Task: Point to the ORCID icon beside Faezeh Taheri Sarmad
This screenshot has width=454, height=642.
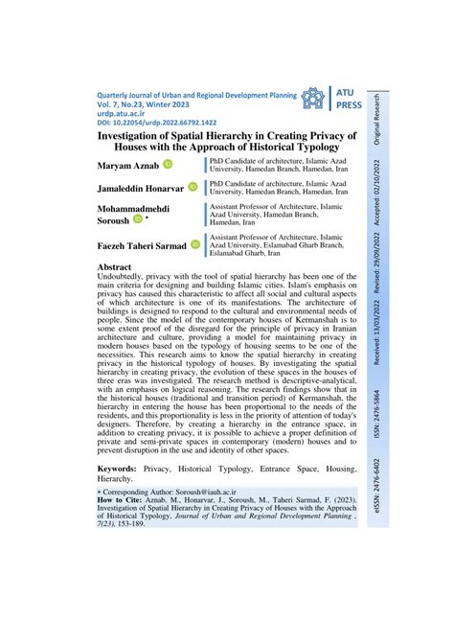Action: (196, 245)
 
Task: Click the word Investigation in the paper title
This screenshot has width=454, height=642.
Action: (140, 136)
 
